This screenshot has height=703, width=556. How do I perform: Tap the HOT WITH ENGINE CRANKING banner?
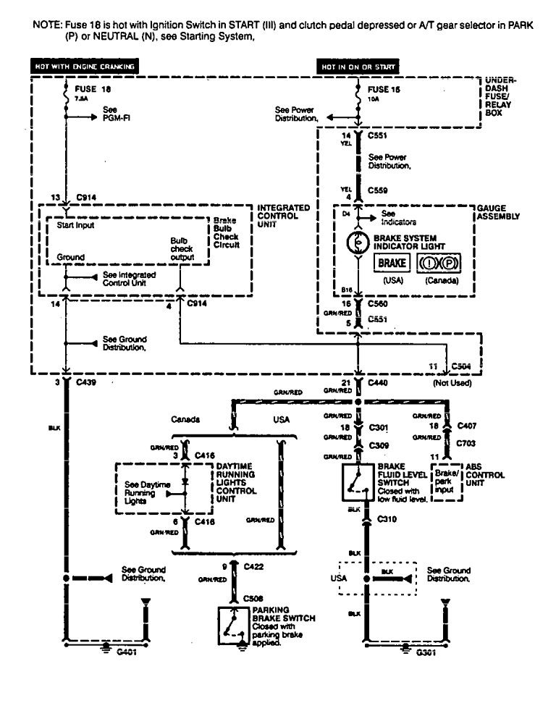tap(84, 67)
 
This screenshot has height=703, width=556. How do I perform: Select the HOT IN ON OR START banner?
tap(360, 67)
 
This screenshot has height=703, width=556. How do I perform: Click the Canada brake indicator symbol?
tap(441, 264)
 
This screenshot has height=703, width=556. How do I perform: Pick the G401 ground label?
tap(126, 651)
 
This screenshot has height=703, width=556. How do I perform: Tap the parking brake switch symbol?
tap(234, 623)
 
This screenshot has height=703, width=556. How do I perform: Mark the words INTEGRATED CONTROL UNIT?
tap(283, 216)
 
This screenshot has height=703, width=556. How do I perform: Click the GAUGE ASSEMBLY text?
tap(498, 211)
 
